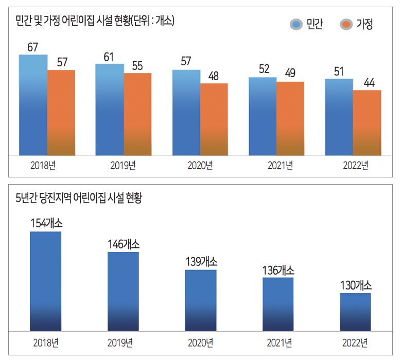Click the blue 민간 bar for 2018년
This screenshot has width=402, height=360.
click(33, 105)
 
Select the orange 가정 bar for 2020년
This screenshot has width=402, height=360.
click(214, 119)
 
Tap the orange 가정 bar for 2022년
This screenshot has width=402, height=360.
click(366, 123)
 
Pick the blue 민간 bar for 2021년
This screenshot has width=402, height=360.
click(263, 116)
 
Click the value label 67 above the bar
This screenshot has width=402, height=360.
click(33, 47)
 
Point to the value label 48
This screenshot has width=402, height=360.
click(214, 76)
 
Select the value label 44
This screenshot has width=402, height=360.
click(366, 83)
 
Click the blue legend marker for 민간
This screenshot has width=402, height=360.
click(297, 24)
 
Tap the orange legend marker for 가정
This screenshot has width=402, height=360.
click(347, 24)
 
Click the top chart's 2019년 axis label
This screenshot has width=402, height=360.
click(123, 166)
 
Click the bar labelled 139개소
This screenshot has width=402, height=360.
click(201, 300)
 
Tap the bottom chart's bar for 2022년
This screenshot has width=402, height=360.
click(355, 312)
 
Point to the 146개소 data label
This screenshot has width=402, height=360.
click(123, 244)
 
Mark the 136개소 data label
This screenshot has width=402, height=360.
click(278, 270)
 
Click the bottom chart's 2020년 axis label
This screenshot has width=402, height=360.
click(201, 343)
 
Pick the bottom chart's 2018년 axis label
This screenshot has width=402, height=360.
click(46, 343)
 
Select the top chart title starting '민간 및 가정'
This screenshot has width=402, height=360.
click(95, 21)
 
